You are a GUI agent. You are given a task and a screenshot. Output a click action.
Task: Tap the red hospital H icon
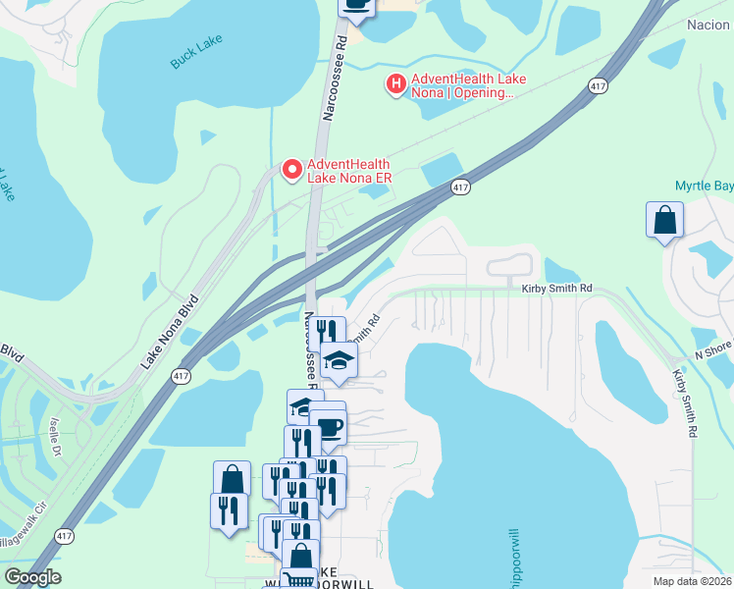(x=396, y=85)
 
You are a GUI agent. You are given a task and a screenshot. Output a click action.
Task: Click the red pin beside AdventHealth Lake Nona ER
(x=291, y=170)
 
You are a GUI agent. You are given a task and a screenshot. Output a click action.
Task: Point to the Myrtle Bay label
(x=704, y=186)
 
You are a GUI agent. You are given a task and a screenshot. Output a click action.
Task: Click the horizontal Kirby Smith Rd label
(x=556, y=288)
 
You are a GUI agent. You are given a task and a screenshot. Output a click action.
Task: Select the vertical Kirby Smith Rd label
(x=684, y=402)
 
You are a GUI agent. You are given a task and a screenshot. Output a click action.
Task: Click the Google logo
(x=33, y=577)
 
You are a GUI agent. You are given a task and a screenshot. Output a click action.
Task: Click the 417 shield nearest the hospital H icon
(x=597, y=87)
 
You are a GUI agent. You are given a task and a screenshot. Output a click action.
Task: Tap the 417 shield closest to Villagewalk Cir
(x=64, y=536)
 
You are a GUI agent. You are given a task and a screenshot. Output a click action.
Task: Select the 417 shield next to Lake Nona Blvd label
(x=182, y=376)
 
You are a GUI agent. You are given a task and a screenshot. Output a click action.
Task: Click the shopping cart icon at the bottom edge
(x=298, y=580)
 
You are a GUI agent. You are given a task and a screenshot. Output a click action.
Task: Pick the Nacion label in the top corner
(x=709, y=25)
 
